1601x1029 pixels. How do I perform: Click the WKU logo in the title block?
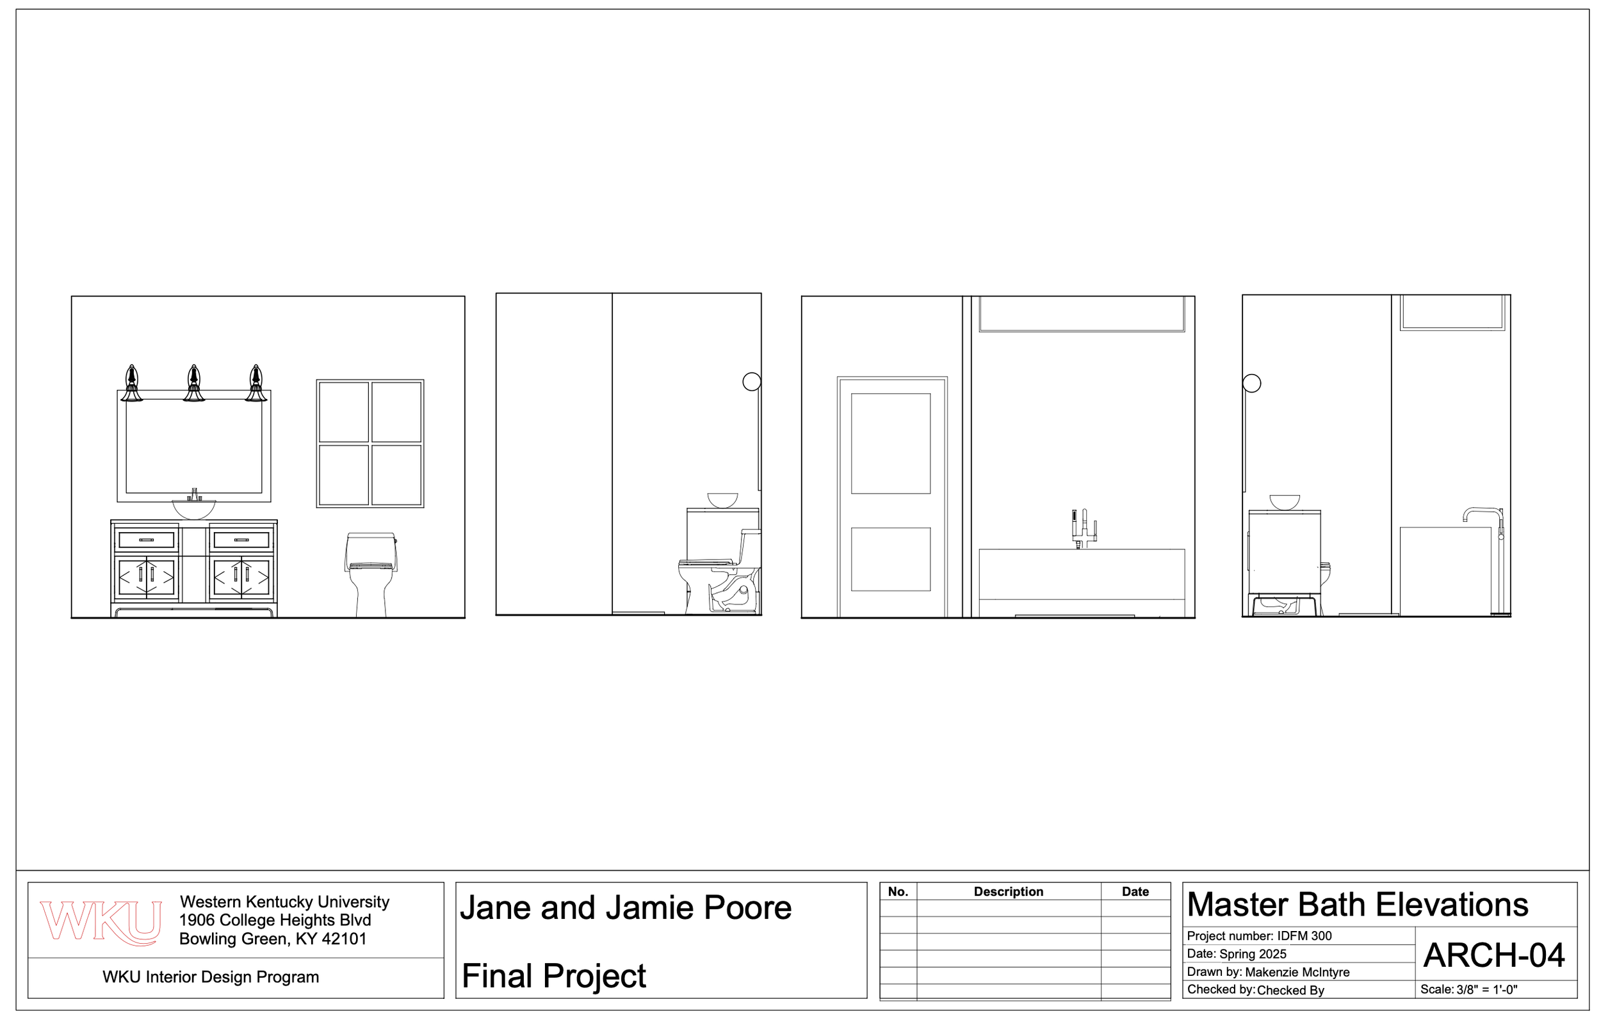click(x=101, y=922)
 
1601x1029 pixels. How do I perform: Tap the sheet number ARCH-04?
click(x=1493, y=955)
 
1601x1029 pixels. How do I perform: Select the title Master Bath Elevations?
click(x=1356, y=905)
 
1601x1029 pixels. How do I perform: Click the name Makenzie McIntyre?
click(x=1296, y=972)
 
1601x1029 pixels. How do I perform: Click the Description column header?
click(x=1007, y=891)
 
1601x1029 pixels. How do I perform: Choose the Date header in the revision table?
click(x=1135, y=891)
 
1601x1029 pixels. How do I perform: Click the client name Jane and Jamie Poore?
click(x=625, y=908)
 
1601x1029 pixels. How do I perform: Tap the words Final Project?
click(x=553, y=976)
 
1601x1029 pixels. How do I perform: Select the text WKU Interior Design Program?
click(x=211, y=977)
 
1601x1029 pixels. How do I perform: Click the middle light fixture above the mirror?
click(x=194, y=384)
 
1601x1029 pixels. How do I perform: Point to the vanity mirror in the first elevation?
click(x=194, y=445)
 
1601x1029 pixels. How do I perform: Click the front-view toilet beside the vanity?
click(x=371, y=573)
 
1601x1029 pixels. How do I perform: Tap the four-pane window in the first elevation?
click(x=370, y=444)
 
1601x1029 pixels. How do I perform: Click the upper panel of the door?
click(x=890, y=443)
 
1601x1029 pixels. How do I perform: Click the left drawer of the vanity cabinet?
click(x=147, y=539)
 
